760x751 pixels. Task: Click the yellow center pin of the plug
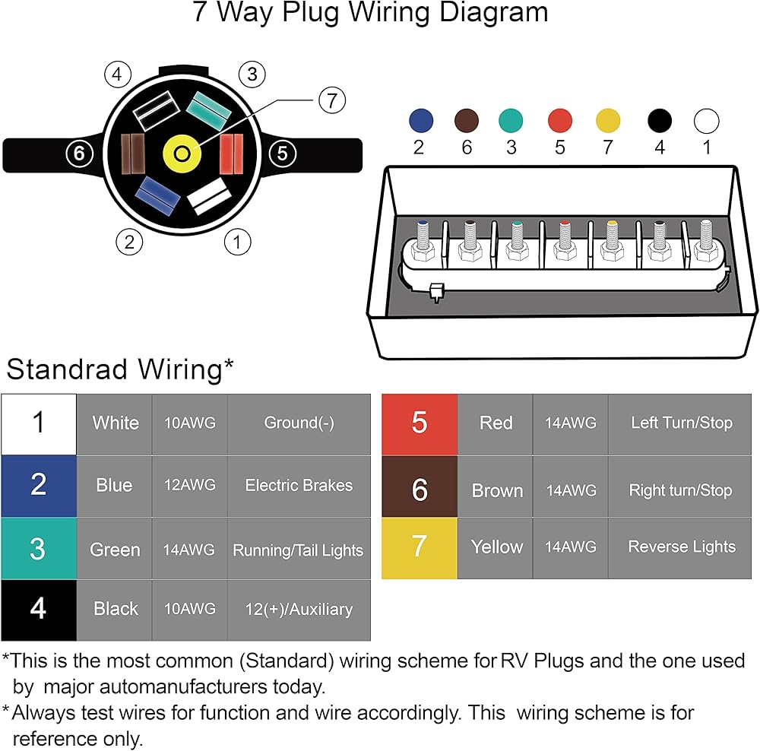(182, 154)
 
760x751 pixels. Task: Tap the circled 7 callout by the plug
(332, 100)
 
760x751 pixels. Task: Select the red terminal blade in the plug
(232, 154)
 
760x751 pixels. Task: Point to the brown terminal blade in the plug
(132, 154)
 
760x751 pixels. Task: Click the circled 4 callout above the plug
(118, 74)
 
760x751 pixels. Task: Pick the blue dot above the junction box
(421, 121)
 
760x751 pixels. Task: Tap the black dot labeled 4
(660, 121)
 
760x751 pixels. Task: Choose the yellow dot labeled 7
(608, 121)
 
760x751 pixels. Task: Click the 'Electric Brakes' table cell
(299, 486)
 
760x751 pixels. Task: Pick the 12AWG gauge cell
(189, 486)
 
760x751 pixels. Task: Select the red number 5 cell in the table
(420, 424)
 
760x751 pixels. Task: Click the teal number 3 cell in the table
(39, 549)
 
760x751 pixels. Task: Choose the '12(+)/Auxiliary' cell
(299, 610)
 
